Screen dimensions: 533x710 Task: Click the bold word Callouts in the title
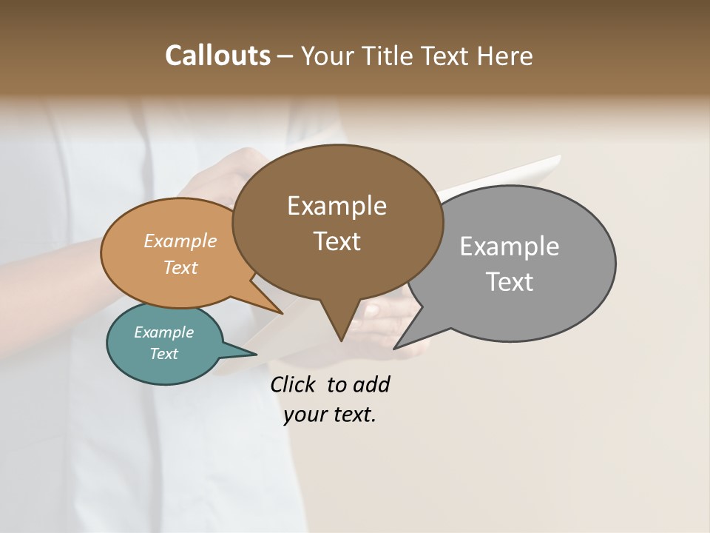click(217, 56)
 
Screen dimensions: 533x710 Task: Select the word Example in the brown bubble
click(337, 206)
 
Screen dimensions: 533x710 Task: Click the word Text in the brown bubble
click(337, 241)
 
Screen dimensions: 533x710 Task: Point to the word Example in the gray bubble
click(510, 247)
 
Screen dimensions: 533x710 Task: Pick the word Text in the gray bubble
click(510, 282)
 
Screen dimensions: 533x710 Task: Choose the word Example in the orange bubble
click(180, 241)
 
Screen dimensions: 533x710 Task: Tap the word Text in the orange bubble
click(180, 267)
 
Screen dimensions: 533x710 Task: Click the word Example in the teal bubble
click(164, 332)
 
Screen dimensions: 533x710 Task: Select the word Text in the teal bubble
click(164, 354)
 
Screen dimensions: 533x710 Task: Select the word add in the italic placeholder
click(371, 384)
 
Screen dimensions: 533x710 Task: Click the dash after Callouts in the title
click(285, 56)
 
